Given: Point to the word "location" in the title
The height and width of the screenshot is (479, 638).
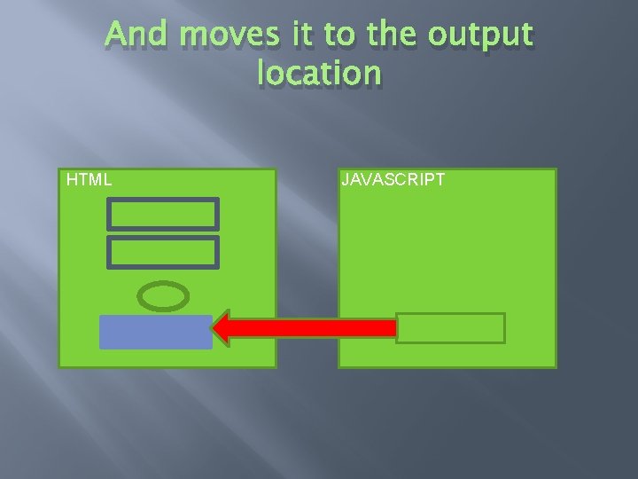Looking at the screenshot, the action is point(319,73).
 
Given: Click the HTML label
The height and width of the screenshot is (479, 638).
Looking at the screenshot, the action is point(89,180).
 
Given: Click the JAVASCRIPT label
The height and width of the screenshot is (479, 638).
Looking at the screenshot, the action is point(393,180).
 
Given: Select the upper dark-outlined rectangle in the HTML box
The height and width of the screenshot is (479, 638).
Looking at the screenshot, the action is point(162,214).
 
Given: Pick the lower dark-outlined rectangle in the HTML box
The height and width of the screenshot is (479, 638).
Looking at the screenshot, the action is point(162,252).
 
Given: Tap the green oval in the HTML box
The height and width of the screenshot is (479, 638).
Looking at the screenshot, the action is point(164,296).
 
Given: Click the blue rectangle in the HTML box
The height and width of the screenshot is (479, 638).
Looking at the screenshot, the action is point(156,332).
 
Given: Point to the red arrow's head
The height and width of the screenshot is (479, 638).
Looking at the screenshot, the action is point(223,327).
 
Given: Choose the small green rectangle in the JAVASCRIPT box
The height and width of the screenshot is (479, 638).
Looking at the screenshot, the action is point(450,328).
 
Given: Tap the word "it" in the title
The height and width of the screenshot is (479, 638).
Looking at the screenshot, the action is point(297,35).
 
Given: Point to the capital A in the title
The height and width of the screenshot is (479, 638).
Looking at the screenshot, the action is point(115,35).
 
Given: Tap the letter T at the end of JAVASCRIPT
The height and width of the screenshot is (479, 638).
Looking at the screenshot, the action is point(440,180).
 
